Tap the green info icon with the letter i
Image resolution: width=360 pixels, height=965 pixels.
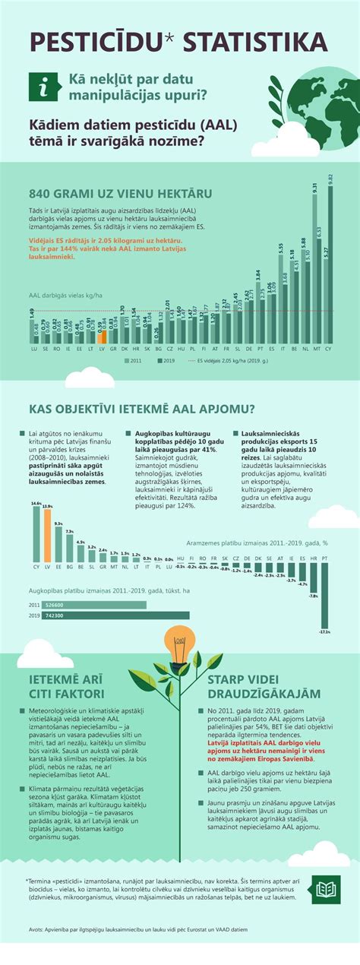[x=45, y=87]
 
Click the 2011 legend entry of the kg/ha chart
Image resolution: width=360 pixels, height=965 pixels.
[x=132, y=362]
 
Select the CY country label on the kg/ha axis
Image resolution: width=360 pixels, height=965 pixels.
[x=329, y=349]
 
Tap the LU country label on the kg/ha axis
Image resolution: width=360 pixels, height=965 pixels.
[x=34, y=349]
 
